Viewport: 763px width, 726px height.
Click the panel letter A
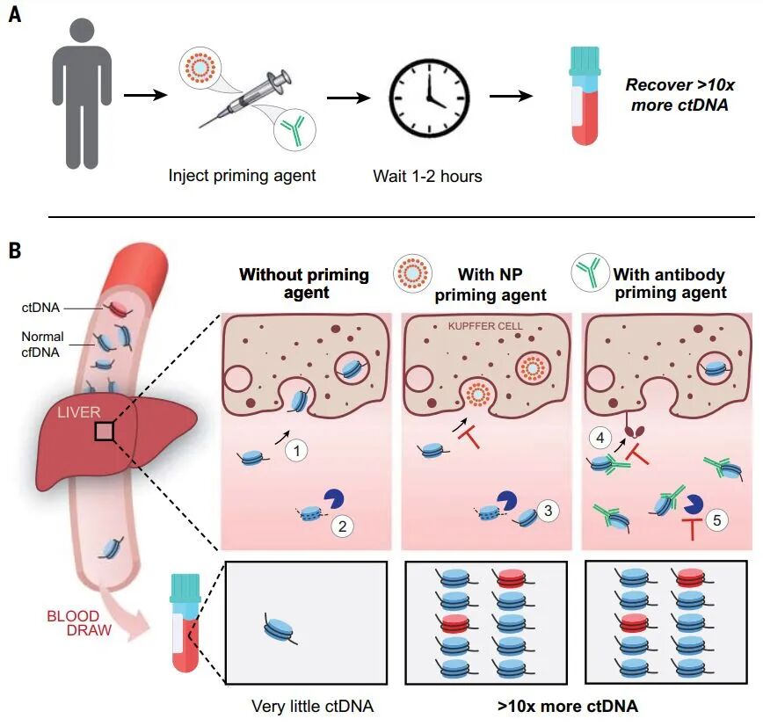coord(15,15)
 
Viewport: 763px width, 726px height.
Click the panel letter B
coord(15,250)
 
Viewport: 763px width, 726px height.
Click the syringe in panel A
coord(244,98)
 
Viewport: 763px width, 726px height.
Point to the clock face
coord(429,98)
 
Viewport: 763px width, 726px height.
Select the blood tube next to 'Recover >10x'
coord(585,96)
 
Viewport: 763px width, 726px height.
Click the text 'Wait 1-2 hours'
coord(427,176)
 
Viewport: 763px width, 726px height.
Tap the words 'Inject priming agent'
coord(242,175)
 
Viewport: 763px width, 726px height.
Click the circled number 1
coord(297,451)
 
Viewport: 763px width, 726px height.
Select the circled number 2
coord(342,526)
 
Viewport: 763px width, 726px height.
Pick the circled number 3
coord(548,511)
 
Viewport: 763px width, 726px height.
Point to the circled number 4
coord(600,438)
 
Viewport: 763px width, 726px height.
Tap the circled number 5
coord(716,520)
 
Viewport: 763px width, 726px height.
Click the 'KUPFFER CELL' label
coord(485,326)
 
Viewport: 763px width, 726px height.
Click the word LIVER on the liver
coord(79,412)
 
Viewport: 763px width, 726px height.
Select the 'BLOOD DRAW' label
coord(79,623)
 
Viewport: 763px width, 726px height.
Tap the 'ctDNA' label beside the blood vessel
coord(40,308)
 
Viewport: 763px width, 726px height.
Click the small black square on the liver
coord(105,432)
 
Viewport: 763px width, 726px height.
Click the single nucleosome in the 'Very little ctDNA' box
coord(279,628)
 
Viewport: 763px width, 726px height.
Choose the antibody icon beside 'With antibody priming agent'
coord(590,272)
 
